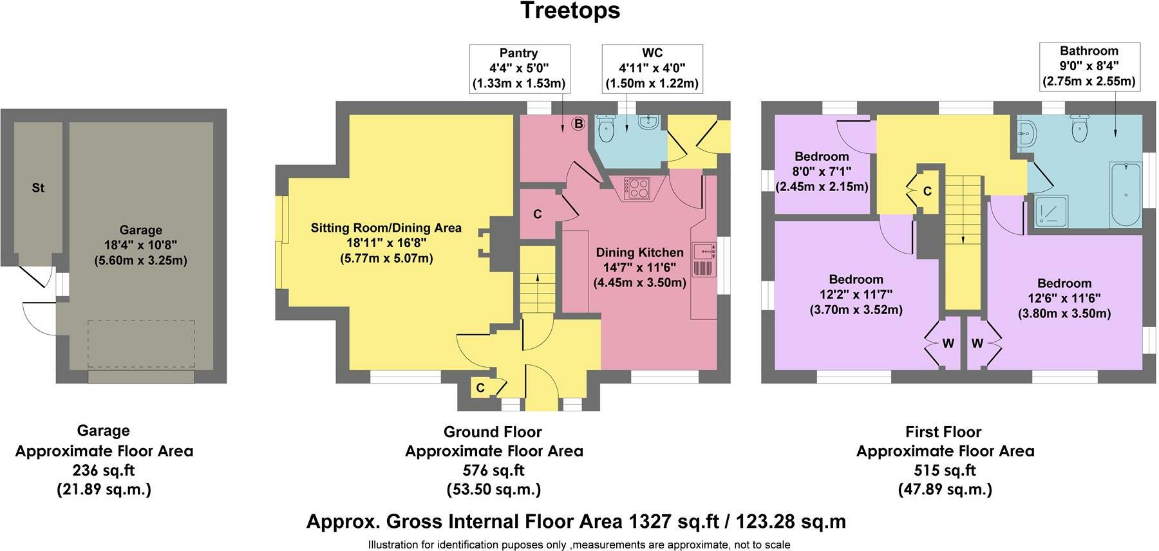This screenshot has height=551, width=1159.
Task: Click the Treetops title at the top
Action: pyautogui.click(x=570, y=10)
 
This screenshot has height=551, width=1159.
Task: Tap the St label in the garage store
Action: pyautogui.click(x=38, y=189)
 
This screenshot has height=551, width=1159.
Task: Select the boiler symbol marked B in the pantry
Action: pyautogui.click(x=578, y=124)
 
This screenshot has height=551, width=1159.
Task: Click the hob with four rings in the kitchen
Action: pyautogui.click(x=638, y=188)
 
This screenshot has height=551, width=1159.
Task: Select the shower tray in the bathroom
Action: pyautogui.click(x=1051, y=212)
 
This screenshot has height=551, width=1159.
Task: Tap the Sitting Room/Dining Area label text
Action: pyautogui.click(x=386, y=228)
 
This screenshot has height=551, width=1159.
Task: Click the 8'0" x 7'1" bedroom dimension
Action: pyautogui.click(x=822, y=171)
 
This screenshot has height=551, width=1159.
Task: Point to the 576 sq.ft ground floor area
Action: pyautogui.click(x=494, y=470)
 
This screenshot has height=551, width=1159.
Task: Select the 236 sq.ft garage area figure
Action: pyautogui.click(x=104, y=470)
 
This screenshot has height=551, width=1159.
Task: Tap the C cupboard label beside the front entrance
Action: pyautogui.click(x=480, y=388)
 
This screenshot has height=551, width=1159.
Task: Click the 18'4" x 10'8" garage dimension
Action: pyautogui.click(x=140, y=245)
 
